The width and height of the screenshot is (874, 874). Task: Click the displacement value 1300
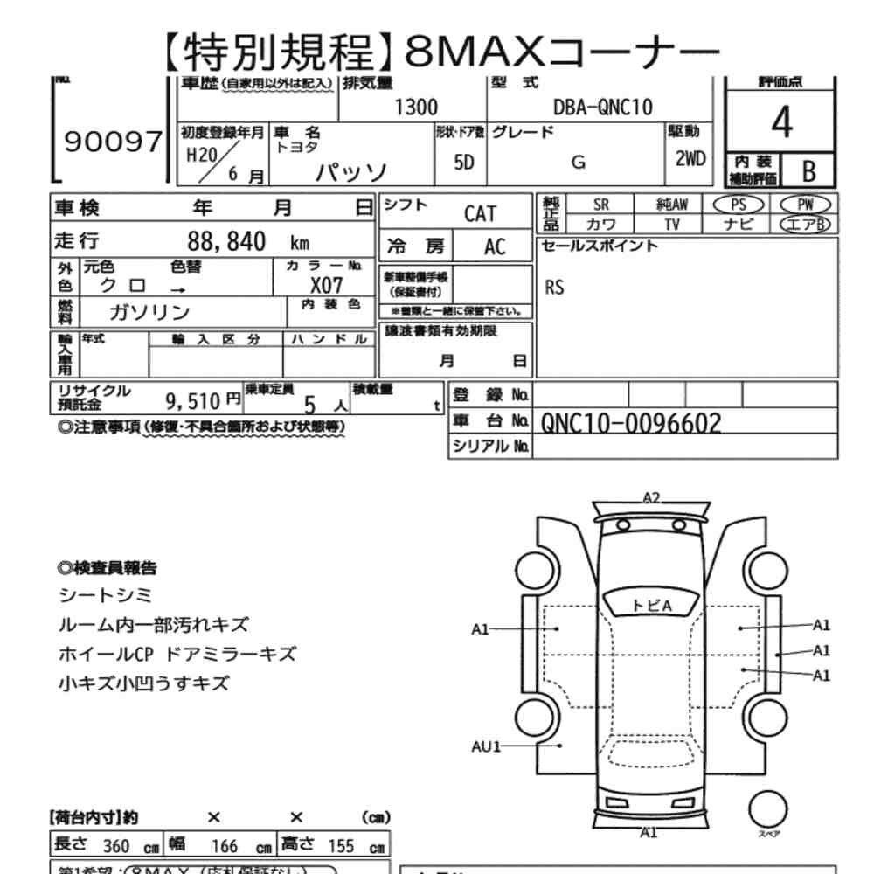[x=416, y=108]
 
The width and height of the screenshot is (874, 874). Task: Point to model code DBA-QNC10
[x=602, y=108]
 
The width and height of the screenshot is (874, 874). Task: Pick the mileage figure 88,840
[x=226, y=241]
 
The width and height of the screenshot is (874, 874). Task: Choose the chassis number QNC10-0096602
[x=631, y=423]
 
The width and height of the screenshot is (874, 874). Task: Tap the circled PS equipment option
[x=739, y=204]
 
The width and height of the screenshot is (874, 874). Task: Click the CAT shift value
[x=480, y=214]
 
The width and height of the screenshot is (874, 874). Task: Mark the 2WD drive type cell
[x=690, y=160]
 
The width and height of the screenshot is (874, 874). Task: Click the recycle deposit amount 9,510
[x=191, y=401]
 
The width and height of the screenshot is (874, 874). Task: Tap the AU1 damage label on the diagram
[x=485, y=746]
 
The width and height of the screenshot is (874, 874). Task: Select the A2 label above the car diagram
[x=651, y=498]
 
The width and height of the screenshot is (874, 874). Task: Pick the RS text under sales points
[x=554, y=288]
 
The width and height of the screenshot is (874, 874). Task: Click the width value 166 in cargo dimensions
[x=225, y=846]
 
